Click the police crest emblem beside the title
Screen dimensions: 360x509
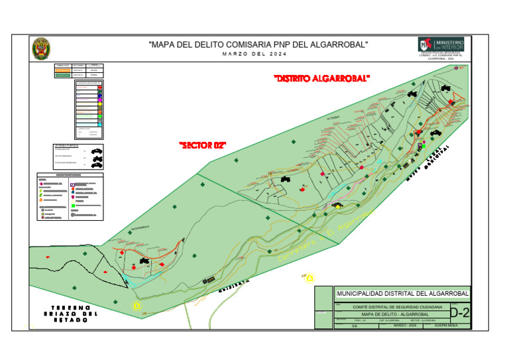point(41,48)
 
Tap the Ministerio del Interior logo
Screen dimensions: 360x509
point(441,44)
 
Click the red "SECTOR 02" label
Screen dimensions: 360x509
point(203,145)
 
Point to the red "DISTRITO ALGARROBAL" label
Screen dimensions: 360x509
point(321,79)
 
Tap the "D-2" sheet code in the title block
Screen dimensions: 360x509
point(459,312)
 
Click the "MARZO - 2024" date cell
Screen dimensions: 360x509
point(404,326)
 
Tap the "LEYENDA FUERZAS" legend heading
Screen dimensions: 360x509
point(66,145)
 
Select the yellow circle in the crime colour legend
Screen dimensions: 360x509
point(99,105)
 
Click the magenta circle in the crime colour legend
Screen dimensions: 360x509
point(99,100)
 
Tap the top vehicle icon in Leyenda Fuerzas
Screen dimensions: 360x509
point(97,151)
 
